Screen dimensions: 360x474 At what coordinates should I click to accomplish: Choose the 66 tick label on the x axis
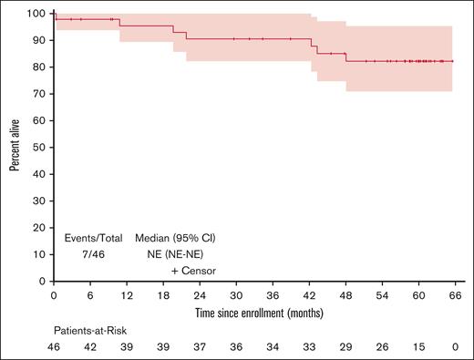455,296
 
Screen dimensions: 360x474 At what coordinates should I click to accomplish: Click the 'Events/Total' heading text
93,238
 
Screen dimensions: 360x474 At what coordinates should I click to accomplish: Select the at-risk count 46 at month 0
55,348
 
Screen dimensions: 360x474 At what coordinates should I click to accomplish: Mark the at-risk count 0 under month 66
455,348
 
